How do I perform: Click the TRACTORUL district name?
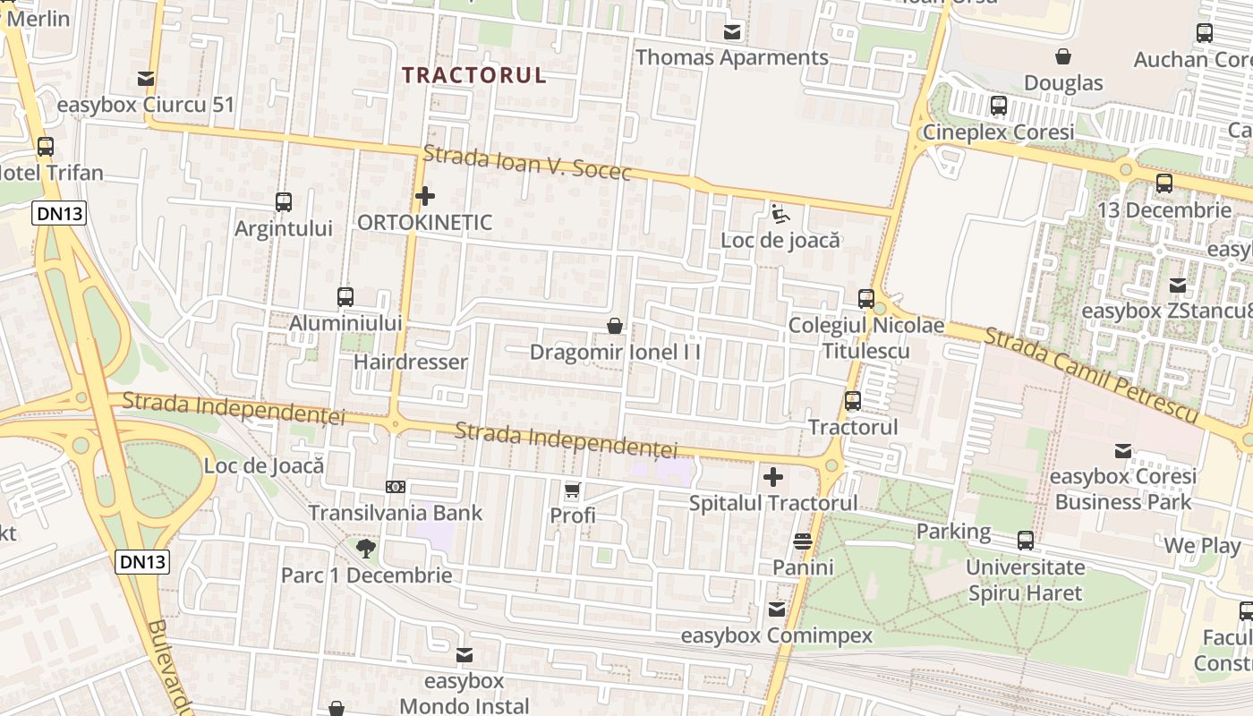(x=473, y=75)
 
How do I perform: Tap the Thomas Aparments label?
(x=731, y=57)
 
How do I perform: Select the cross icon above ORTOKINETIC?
(x=425, y=195)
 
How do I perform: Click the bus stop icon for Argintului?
(x=284, y=202)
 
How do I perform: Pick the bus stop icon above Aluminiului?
(x=345, y=297)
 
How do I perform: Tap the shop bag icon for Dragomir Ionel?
(x=615, y=326)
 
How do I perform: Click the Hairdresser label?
(x=411, y=362)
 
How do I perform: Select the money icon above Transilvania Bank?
(x=396, y=487)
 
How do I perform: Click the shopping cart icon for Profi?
(x=573, y=490)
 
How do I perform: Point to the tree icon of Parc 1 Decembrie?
(x=366, y=548)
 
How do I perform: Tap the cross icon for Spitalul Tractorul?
(x=773, y=477)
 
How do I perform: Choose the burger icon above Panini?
(x=803, y=541)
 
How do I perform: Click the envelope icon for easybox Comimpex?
(x=777, y=609)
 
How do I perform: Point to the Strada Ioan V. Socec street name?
(x=527, y=162)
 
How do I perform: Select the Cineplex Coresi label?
(x=998, y=132)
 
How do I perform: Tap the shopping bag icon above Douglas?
(x=1063, y=57)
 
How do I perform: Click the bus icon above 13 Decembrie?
(x=1164, y=183)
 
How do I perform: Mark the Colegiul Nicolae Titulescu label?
(x=865, y=337)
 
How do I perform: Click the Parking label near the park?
(x=953, y=532)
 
